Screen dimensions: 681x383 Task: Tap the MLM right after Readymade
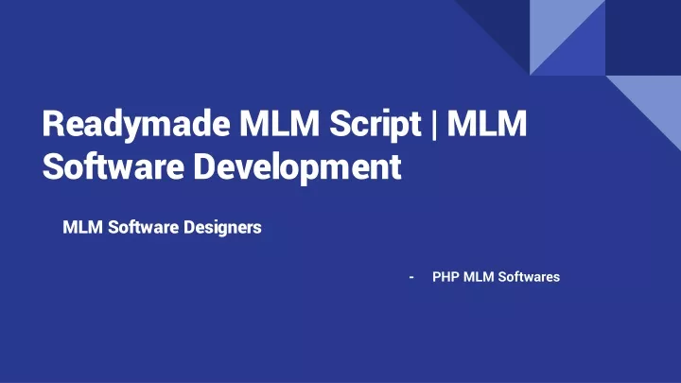point(279,123)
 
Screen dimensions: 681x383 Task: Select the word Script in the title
point(375,126)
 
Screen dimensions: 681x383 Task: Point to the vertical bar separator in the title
point(434,125)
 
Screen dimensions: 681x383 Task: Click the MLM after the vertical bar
point(487,123)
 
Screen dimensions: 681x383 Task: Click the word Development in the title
point(298,168)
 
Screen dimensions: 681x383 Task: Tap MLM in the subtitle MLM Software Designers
point(82,227)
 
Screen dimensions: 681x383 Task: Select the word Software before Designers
point(144,227)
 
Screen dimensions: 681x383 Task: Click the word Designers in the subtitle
point(222,228)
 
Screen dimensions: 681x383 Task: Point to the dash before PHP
point(411,277)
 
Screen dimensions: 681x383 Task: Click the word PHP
point(445,276)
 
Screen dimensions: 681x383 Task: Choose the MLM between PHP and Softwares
point(479,276)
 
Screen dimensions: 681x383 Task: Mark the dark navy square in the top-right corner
point(643,37)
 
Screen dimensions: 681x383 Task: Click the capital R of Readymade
point(53,123)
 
